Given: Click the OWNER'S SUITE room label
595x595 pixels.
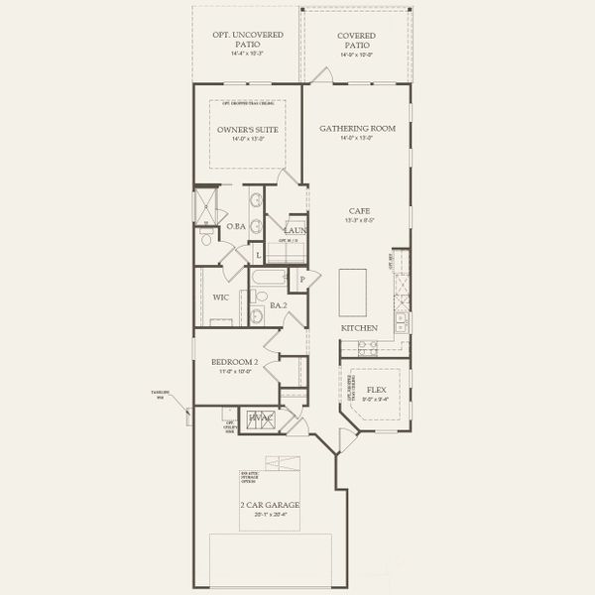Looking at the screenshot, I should point(247,130).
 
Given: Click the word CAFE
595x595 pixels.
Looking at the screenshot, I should point(359,210).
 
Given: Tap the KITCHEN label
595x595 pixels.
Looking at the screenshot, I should point(359,327).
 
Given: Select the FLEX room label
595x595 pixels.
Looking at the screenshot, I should point(376,390).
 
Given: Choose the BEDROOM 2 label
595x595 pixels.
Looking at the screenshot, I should point(234,363).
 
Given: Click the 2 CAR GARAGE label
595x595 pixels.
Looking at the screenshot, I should point(270,505).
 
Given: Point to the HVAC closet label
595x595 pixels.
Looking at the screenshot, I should point(260,419).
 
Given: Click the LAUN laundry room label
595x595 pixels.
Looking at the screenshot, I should point(296,230).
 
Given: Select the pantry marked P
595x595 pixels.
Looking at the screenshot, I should point(301,280).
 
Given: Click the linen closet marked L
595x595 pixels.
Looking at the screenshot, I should point(259,255).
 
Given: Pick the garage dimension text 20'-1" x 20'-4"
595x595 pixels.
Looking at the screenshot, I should point(270,515).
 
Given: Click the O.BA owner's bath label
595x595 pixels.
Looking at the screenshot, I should point(236,226).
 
